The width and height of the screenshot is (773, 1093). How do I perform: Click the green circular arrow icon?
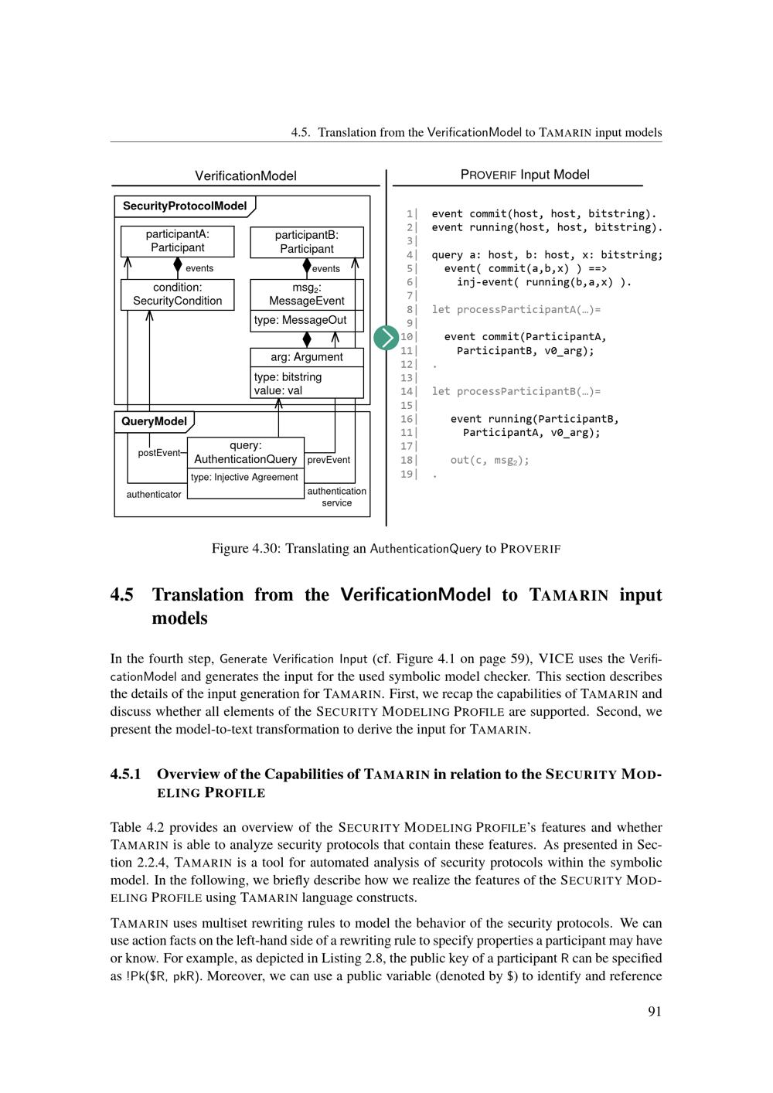pyautogui.click(x=386, y=338)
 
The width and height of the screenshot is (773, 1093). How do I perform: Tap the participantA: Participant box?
pyautogui.click(x=177, y=241)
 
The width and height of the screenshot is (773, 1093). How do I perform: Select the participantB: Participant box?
pyautogui.click(x=307, y=242)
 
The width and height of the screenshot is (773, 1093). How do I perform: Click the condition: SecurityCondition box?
pyautogui.click(x=177, y=295)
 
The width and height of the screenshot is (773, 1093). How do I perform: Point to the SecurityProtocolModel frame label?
pyautogui.click(x=185, y=206)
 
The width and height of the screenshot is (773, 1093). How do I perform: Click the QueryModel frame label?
pyautogui.click(x=155, y=421)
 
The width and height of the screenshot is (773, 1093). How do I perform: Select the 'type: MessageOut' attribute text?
pyautogui.click(x=300, y=320)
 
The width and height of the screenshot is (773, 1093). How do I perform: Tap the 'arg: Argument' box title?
pyautogui.click(x=307, y=357)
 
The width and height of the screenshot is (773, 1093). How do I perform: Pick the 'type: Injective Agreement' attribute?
pyautogui.click(x=244, y=477)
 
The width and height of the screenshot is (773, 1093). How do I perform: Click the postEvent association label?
pyautogui.click(x=158, y=453)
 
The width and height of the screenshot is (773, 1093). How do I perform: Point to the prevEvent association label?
pyautogui.click(x=329, y=460)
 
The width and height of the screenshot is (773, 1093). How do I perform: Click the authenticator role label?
pyautogui.click(x=154, y=495)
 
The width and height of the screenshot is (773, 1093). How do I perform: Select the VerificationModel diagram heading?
pyautogui.click(x=246, y=176)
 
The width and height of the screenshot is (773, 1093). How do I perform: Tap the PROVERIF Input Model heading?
pyautogui.click(x=525, y=175)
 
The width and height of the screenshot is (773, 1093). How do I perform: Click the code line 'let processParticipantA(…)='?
pyautogui.click(x=516, y=310)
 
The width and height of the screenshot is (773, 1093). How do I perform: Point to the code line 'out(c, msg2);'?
pyautogui.click(x=490, y=461)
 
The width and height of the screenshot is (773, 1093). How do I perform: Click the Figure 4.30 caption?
pyautogui.click(x=386, y=549)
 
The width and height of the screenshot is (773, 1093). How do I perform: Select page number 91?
pyautogui.click(x=654, y=1012)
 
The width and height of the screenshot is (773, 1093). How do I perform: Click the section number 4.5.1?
pyautogui.click(x=126, y=775)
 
